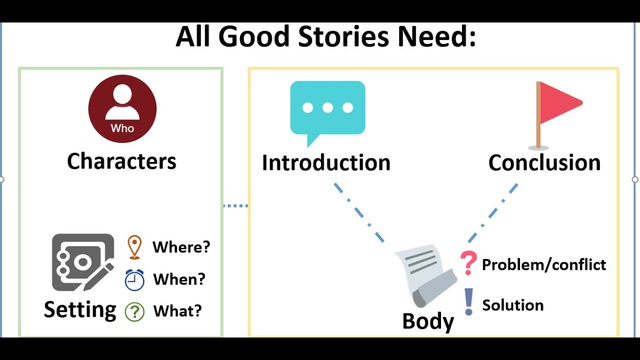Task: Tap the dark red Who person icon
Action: coord(122,109)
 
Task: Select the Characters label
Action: coord(121,161)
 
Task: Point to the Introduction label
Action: coord(326,163)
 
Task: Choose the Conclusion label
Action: coord(544,163)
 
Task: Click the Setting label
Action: coord(80,309)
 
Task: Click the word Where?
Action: coord(181,247)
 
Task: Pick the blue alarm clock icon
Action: coord(134,279)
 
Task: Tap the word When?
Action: coord(179,279)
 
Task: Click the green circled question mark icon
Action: coord(134,311)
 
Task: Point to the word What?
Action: coord(177,311)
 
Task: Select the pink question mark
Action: coord(468,263)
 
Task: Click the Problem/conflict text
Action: coord(544,264)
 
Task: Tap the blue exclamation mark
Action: coord(468,301)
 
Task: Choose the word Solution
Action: coord(512,305)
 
